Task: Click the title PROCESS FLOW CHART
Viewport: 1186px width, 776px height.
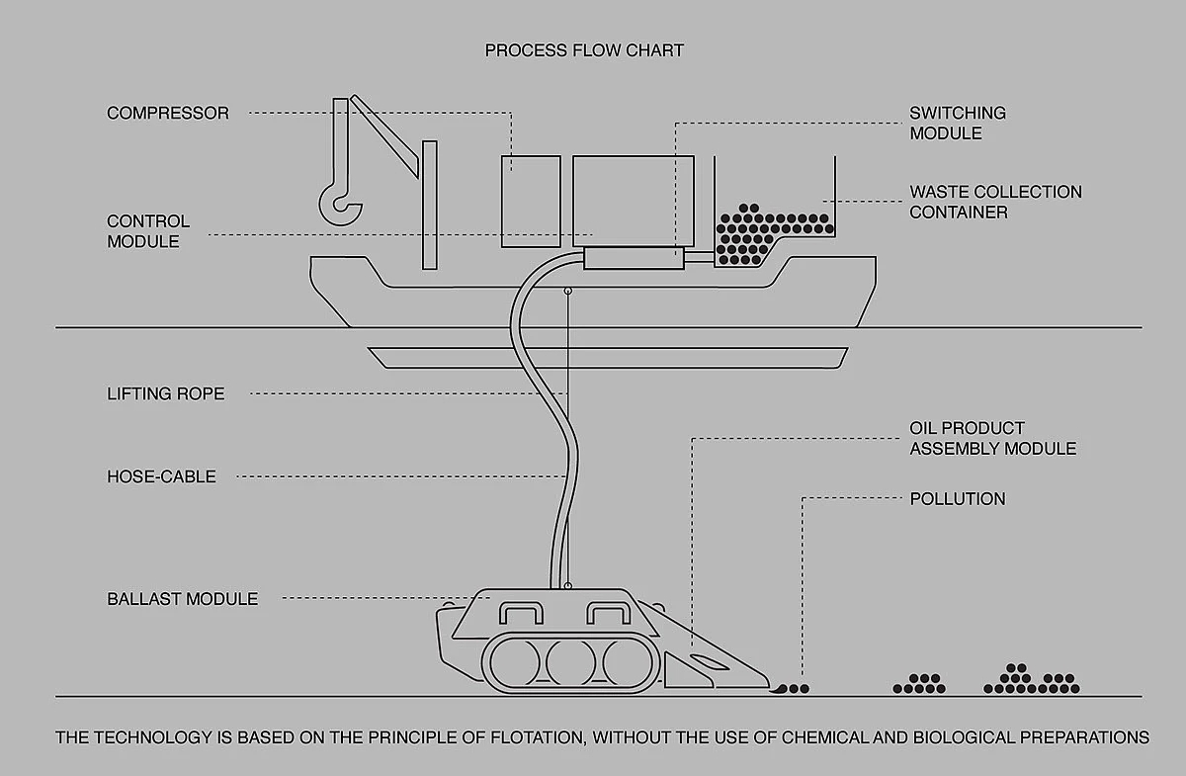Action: click(584, 50)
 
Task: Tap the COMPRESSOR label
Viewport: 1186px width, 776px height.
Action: click(168, 113)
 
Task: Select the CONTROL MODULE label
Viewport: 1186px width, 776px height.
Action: click(148, 230)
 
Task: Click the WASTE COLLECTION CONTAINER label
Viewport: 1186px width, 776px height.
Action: click(995, 202)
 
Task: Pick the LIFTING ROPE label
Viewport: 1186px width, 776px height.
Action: click(166, 393)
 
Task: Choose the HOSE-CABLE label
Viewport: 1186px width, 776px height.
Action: click(161, 476)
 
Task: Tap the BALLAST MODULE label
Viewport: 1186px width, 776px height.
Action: click(183, 599)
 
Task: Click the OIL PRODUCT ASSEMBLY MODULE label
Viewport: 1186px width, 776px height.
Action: click(992, 438)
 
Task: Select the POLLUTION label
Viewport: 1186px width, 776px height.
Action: click(957, 498)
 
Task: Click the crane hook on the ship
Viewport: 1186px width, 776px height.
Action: click(341, 201)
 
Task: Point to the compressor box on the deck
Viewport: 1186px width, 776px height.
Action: click(531, 201)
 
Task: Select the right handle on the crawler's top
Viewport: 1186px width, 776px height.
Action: click(611, 613)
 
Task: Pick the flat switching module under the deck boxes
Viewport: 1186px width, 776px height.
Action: click(634, 259)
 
